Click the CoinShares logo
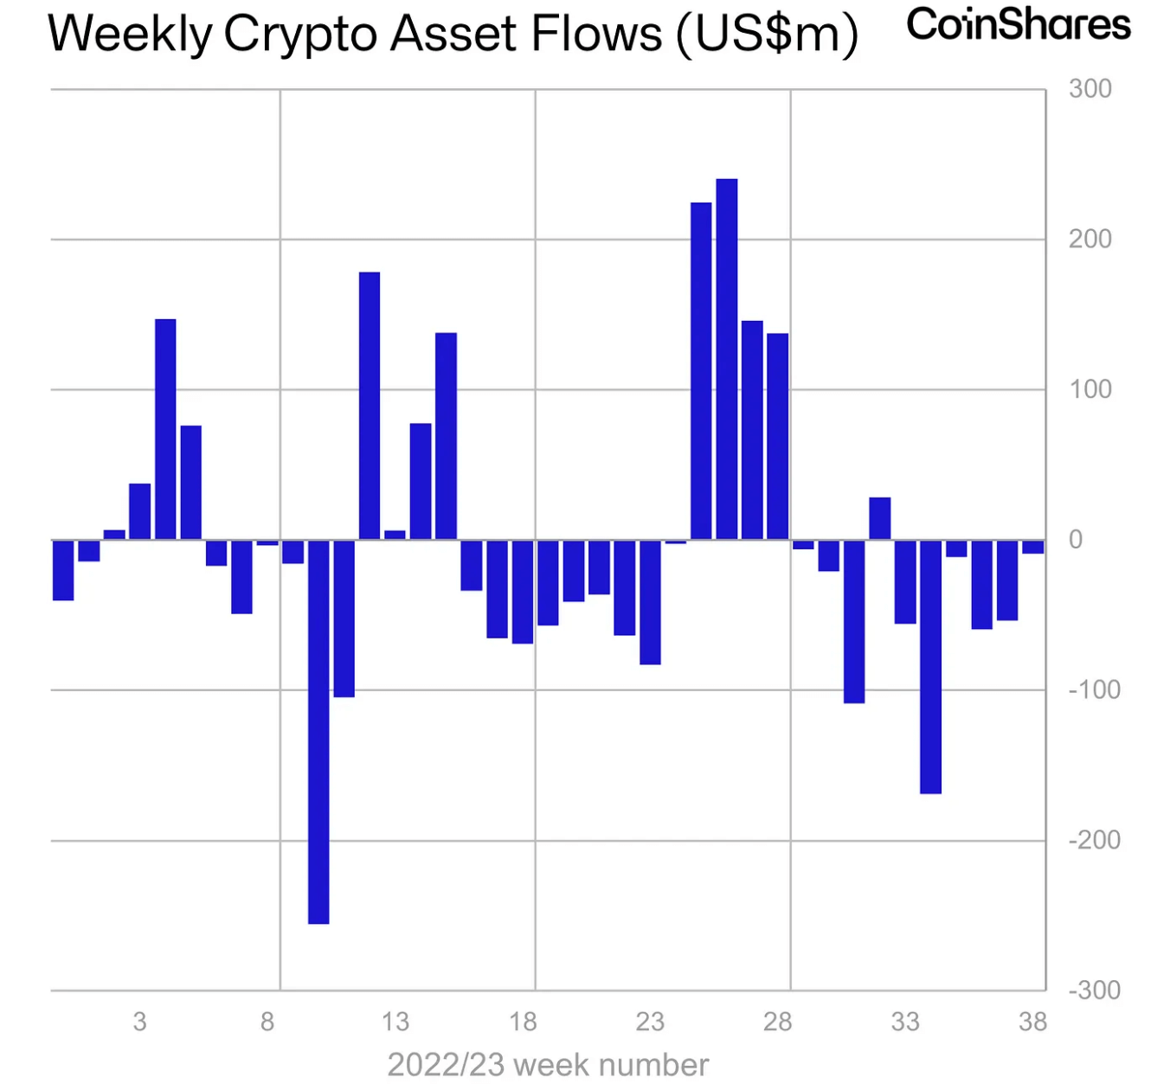[1018, 26]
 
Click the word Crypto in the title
[298, 35]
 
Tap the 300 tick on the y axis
[1090, 89]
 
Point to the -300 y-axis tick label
[1094, 990]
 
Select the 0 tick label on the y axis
[1076, 540]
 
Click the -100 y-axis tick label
[1094, 689]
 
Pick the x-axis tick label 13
[395, 1022]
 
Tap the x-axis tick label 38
[1032, 1022]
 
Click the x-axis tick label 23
[650, 1022]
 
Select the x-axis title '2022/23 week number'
[548, 1065]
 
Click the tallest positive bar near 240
[727, 359]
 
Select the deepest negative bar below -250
[318, 732]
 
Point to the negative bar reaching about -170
[930, 666]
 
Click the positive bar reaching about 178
[370, 406]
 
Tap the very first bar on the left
[63, 570]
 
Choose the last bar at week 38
[1032, 547]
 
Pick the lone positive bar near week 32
[879, 518]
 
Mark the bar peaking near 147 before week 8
[165, 429]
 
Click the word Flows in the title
[597, 35]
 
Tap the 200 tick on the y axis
[1090, 240]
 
